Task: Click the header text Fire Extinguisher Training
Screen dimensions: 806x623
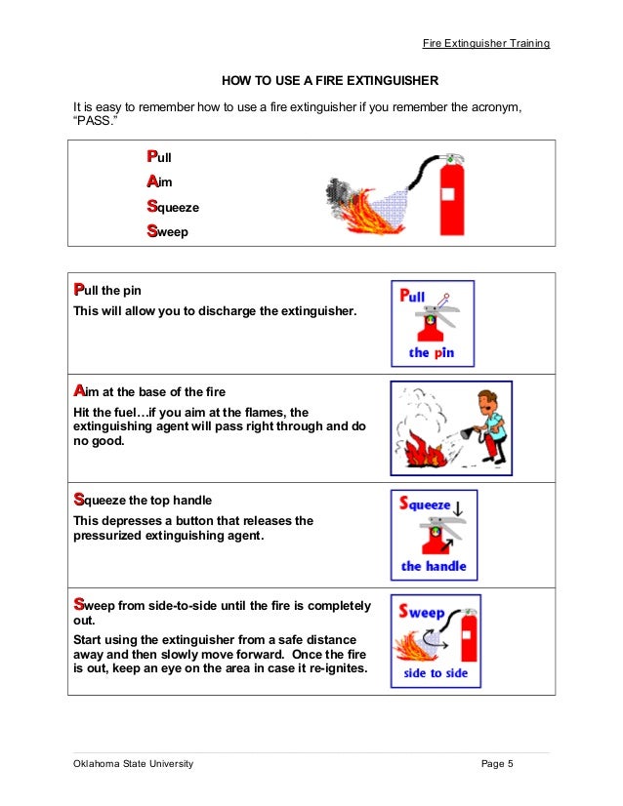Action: (x=486, y=44)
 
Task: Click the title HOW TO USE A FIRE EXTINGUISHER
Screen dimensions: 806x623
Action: (x=330, y=80)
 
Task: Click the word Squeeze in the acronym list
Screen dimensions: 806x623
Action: (x=172, y=207)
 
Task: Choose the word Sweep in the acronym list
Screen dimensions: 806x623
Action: (x=167, y=232)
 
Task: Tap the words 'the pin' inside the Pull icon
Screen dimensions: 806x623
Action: (x=432, y=352)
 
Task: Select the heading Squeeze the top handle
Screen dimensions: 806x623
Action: (x=143, y=500)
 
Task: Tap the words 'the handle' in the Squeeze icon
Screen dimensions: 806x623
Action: (x=434, y=565)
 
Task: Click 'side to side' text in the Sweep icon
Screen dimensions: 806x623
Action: (x=435, y=672)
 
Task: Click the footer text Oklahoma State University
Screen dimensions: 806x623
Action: (x=134, y=763)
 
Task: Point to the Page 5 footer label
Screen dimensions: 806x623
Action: (x=497, y=763)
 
